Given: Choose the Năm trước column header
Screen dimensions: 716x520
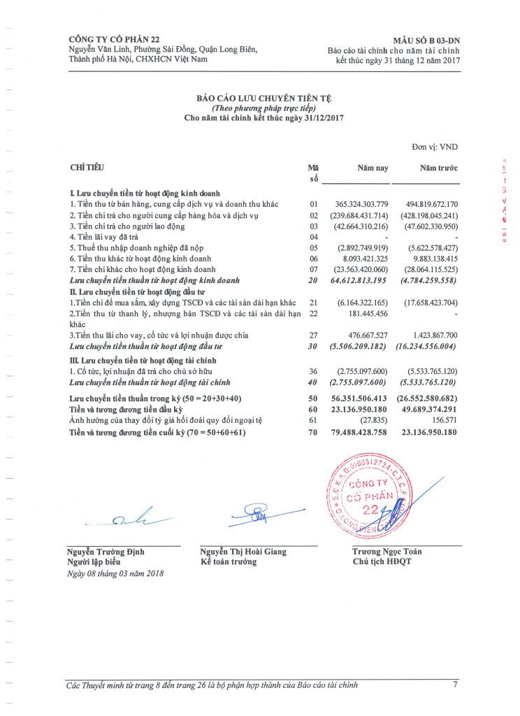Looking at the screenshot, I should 438,169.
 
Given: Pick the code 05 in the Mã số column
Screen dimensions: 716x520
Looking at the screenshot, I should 313,248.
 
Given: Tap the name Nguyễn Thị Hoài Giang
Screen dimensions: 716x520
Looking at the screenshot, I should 243,552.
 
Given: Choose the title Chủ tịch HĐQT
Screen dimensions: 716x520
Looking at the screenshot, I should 377,561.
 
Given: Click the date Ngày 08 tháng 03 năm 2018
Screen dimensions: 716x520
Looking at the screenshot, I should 115,573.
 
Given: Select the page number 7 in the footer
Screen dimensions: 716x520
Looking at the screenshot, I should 455,685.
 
